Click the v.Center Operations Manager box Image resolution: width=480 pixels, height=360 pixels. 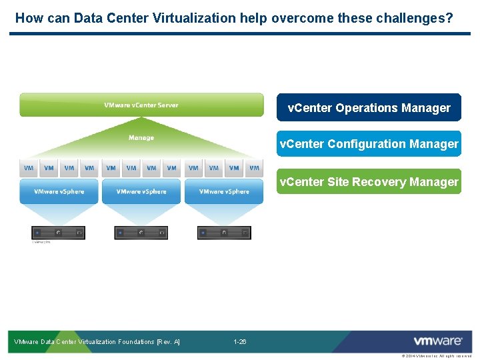(x=369, y=107)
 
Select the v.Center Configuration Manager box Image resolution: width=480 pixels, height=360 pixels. (x=369, y=144)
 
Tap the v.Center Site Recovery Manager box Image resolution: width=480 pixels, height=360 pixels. (x=369, y=181)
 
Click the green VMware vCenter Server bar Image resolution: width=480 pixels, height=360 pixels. (x=141, y=105)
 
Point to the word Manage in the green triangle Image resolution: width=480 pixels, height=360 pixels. (x=141, y=138)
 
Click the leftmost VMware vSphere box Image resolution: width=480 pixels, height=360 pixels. (x=59, y=191)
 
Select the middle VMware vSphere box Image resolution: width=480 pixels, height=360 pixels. (x=141, y=191)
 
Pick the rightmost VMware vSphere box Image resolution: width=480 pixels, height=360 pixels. (x=224, y=191)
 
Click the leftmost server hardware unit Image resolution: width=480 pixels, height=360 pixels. (x=59, y=233)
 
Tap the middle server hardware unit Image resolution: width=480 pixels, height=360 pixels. (x=141, y=233)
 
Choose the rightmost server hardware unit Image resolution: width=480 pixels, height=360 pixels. (x=224, y=233)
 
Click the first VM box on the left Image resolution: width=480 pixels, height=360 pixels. (x=29, y=168)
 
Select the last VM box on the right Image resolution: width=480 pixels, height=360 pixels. (x=254, y=168)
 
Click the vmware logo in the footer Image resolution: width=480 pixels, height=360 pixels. (x=437, y=341)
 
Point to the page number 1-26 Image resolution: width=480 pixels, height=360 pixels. (x=240, y=342)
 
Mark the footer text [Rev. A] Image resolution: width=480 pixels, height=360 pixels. (x=168, y=342)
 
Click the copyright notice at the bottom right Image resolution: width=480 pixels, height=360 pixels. (x=436, y=356)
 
